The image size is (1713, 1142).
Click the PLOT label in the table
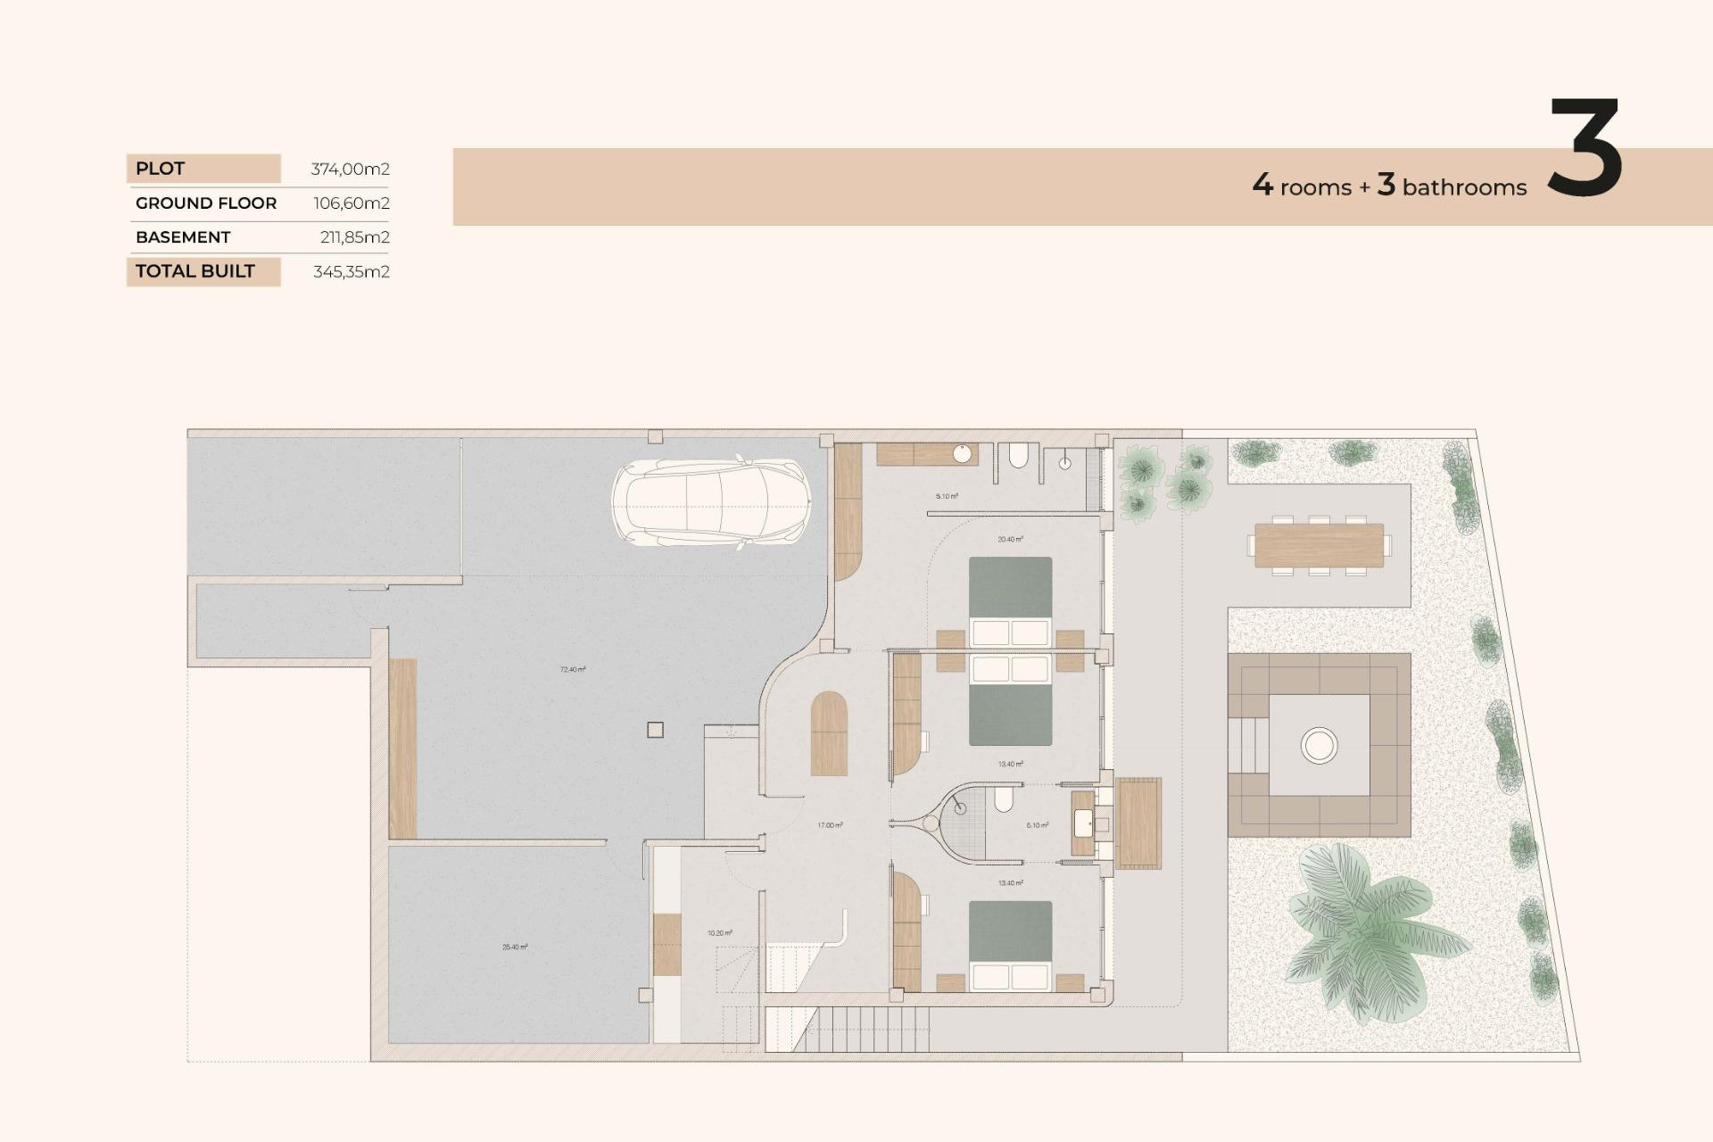[161, 169]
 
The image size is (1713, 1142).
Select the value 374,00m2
[350, 169]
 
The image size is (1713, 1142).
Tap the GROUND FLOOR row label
[206, 203]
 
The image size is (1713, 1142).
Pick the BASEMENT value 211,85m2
[354, 237]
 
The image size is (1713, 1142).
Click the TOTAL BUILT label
[195, 271]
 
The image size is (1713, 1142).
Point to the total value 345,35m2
[351, 272]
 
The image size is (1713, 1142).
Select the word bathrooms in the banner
[1464, 187]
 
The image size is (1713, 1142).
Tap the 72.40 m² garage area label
[573, 669]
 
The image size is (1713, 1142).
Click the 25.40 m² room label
[515, 947]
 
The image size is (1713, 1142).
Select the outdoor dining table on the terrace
[1319, 545]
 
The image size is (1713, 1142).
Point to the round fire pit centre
[1319, 745]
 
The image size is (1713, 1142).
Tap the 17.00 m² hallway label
[830, 825]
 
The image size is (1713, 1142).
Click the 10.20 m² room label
[719, 933]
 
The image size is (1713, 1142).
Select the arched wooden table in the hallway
[829, 733]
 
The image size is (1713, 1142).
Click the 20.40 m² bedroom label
[1010, 539]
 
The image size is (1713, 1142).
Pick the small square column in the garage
[655, 730]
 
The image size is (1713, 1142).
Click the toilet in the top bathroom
[1018, 458]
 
